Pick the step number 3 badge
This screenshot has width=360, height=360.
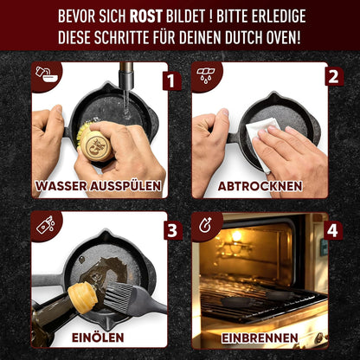tap(172, 231)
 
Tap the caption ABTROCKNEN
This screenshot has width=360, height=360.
tap(260, 185)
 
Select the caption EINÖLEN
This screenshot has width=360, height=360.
tap(98, 335)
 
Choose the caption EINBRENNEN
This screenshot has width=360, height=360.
tap(260, 335)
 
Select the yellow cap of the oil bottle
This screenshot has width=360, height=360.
tap(79, 298)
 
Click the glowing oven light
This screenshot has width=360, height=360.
tap(236, 235)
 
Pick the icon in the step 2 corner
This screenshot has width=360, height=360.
tap(204, 74)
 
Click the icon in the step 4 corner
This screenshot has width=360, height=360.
tap(204, 226)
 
